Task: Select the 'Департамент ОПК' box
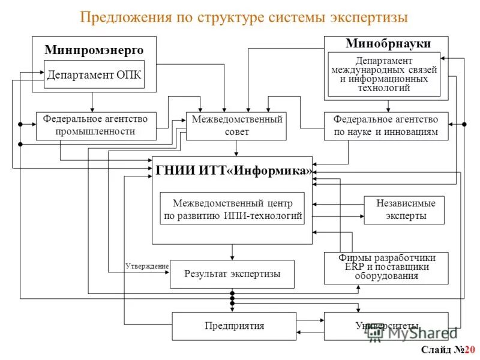94,74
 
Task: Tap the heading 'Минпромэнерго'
94,50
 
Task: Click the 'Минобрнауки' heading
388,43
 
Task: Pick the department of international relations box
384,74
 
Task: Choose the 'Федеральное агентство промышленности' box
96,125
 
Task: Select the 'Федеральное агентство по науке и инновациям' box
386,126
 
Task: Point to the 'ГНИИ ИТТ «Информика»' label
234,170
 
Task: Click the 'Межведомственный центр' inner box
232,208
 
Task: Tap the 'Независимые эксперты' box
405,210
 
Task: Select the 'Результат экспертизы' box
232,274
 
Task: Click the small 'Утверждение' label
147,265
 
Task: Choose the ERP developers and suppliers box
386,268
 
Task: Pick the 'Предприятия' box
234,326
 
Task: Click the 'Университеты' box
386,326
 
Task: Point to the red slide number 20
469,350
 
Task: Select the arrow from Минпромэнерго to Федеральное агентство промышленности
92,102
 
